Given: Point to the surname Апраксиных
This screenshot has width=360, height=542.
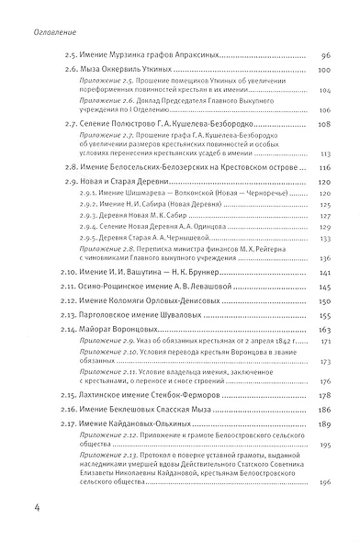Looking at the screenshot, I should click(189, 55).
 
